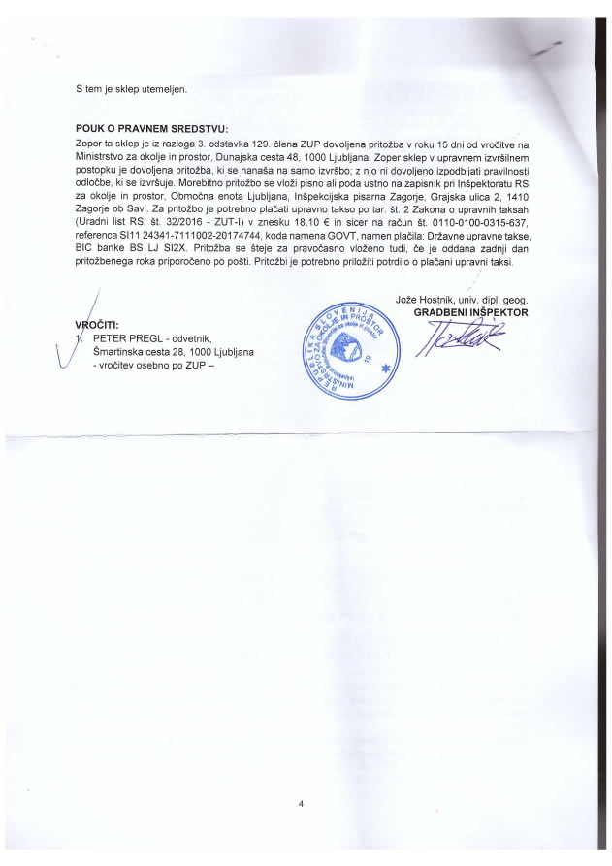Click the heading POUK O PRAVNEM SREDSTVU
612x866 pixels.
pos(151,128)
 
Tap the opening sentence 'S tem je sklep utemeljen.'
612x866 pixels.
pos(131,89)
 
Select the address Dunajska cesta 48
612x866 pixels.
pos(274,156)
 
